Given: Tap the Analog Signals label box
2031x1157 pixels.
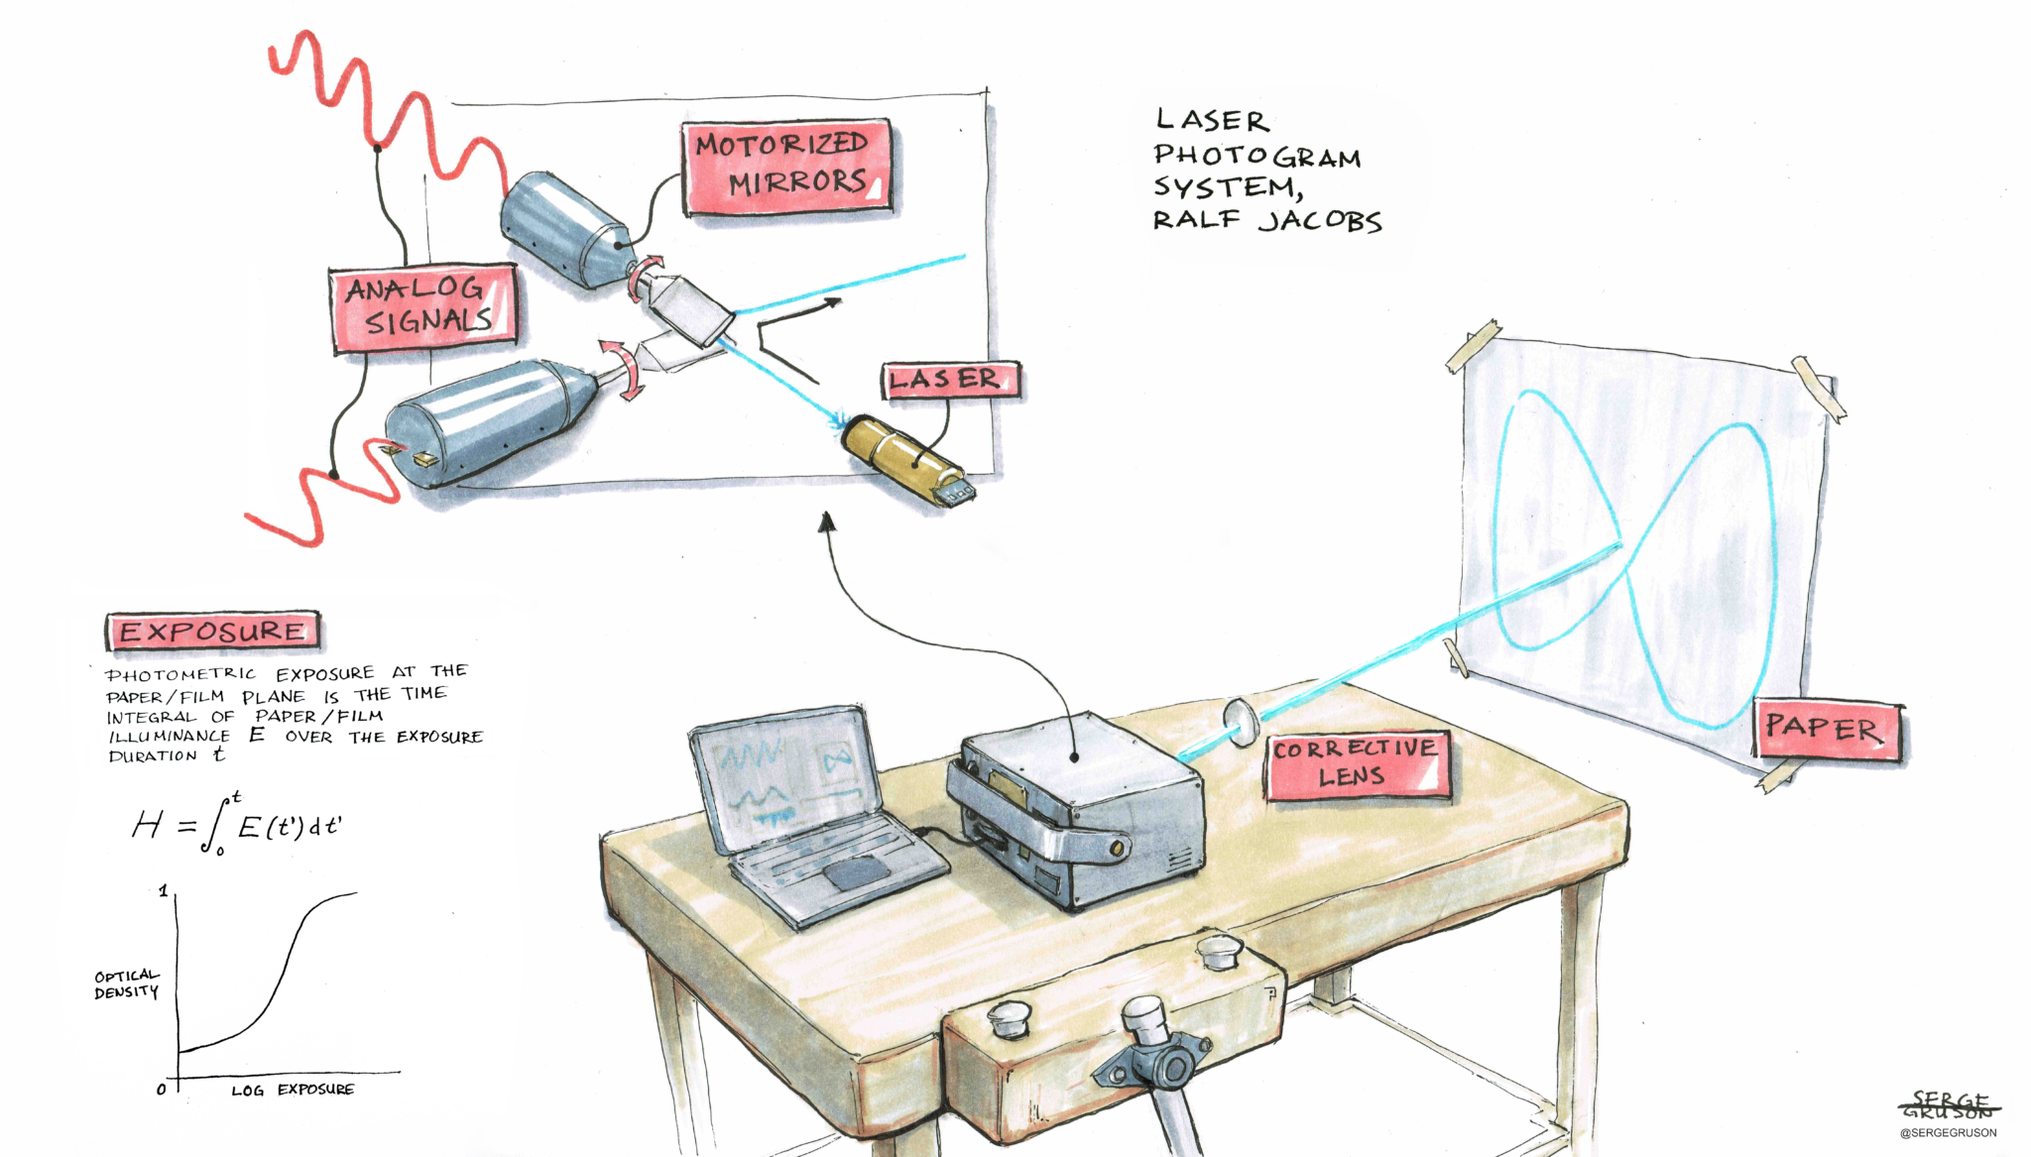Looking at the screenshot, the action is [x=423, y=307].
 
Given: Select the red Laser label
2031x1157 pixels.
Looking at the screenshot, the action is [x=951, y=380].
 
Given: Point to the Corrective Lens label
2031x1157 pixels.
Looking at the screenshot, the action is [x=1357, y=764].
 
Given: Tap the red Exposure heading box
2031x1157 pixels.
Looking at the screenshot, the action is [x=212, y=632].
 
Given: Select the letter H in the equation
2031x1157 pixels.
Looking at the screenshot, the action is [x=148, y=824].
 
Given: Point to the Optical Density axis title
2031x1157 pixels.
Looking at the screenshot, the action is [x=127, y=983].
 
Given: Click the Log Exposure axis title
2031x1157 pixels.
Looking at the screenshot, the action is [x=293, y=1090].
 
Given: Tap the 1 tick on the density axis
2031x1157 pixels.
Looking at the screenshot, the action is [x=164, y=891].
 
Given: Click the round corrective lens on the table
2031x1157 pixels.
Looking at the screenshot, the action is [x=1241, y=721].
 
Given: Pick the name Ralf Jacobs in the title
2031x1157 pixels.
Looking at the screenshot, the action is [x=1267, y=219].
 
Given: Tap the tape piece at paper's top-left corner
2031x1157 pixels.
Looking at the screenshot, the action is [x=1474, y=346].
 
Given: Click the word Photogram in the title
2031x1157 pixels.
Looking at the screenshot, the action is [x=1256, y=156].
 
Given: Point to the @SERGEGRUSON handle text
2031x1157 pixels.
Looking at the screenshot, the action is [x=1949, y=1132].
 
